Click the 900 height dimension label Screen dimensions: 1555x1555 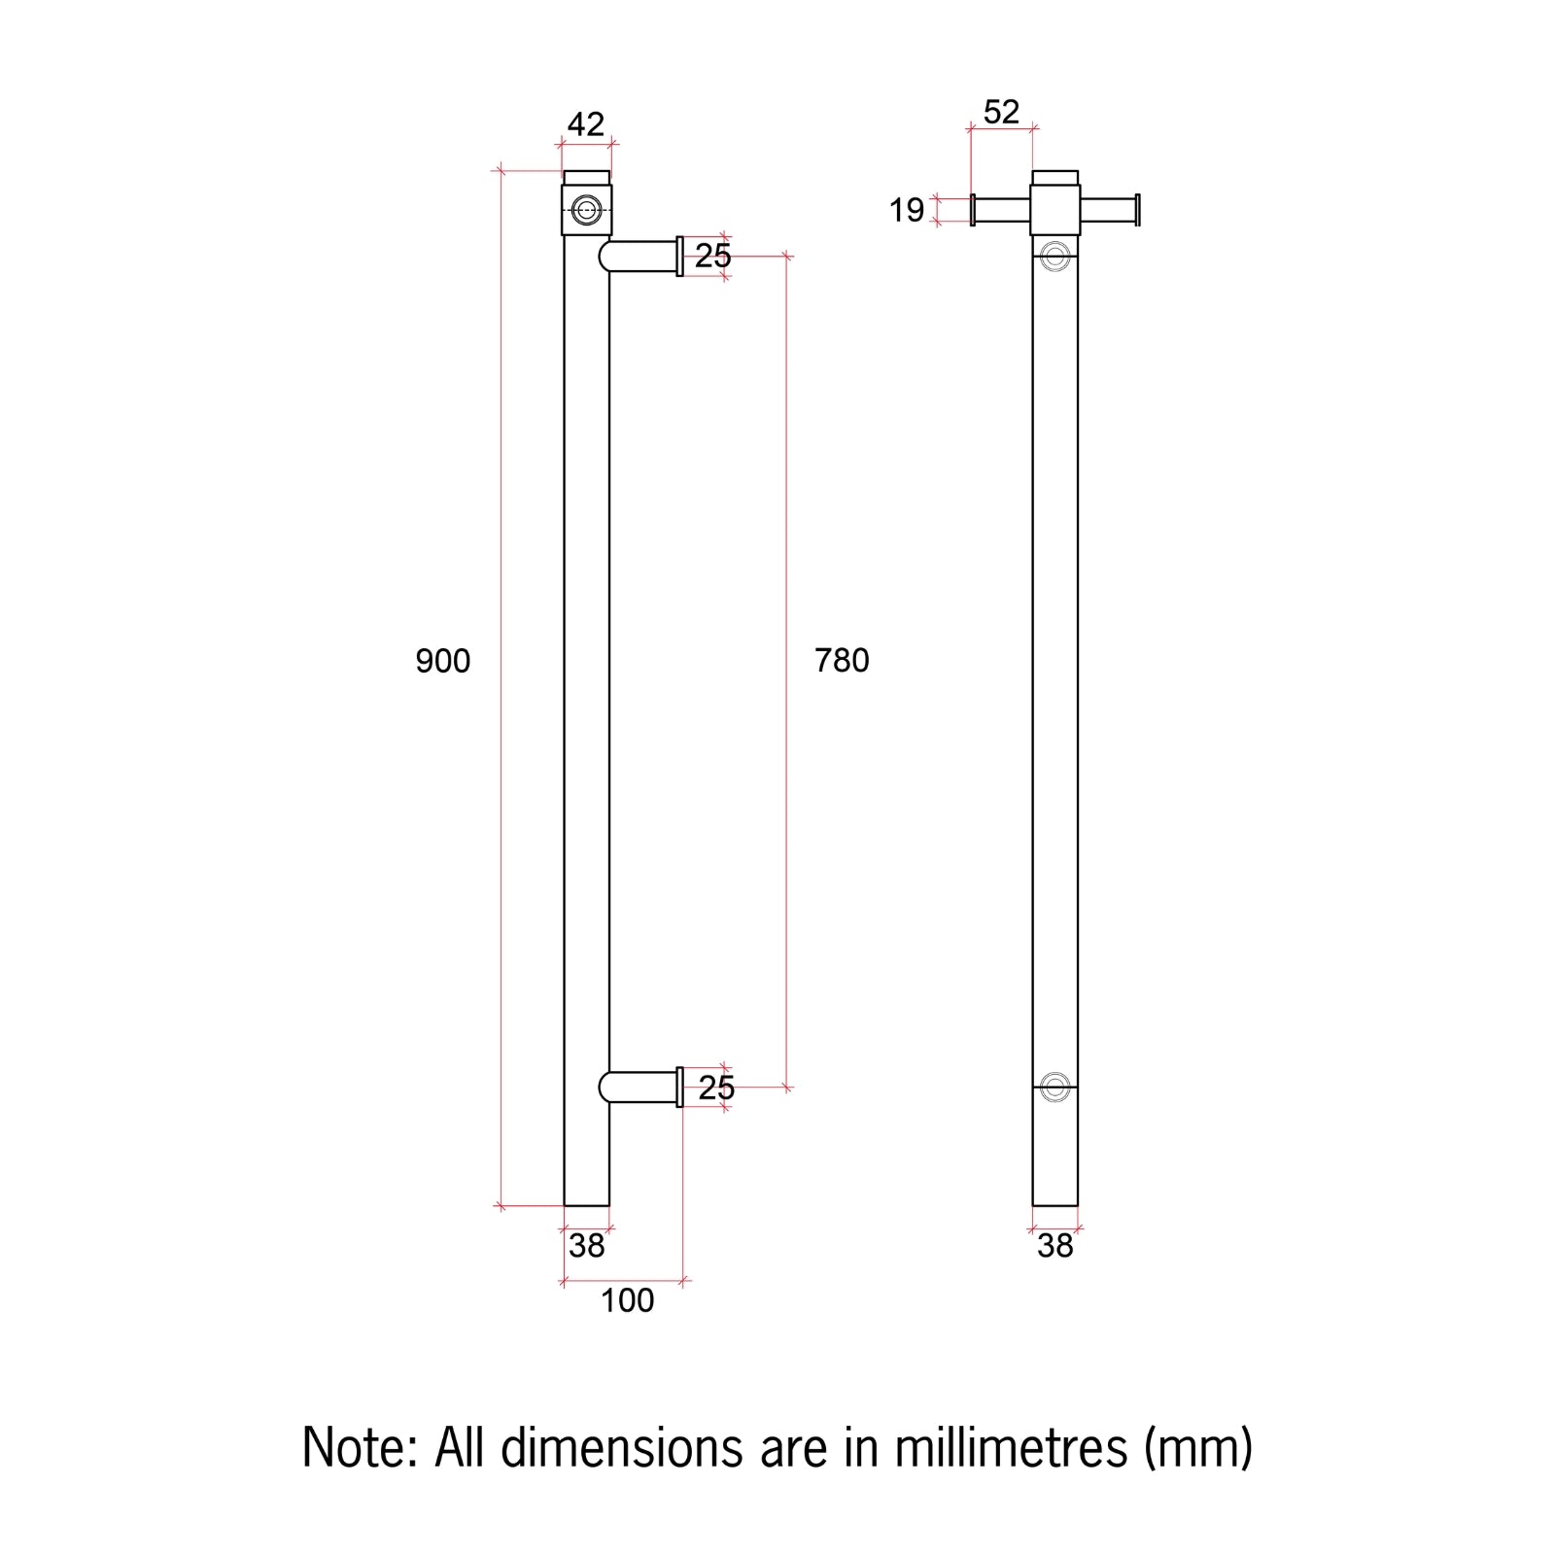442,661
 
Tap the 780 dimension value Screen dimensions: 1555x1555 842,661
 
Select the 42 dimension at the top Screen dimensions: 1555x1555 585,124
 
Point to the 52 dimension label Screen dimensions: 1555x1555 1001,112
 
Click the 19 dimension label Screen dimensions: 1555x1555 906,210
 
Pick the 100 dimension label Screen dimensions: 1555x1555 627,1300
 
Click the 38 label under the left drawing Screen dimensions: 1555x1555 586,1245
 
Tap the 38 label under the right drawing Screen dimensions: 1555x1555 1054,1245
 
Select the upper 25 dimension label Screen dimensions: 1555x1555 712,256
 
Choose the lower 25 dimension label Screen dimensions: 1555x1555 715,1088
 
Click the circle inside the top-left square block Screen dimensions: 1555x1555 586,210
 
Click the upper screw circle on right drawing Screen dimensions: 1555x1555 1055,257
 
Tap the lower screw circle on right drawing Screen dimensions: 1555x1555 1055,1087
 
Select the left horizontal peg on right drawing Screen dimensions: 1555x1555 1001,210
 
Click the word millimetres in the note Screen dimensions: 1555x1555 1011,1448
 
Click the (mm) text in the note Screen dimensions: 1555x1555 1197,1448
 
